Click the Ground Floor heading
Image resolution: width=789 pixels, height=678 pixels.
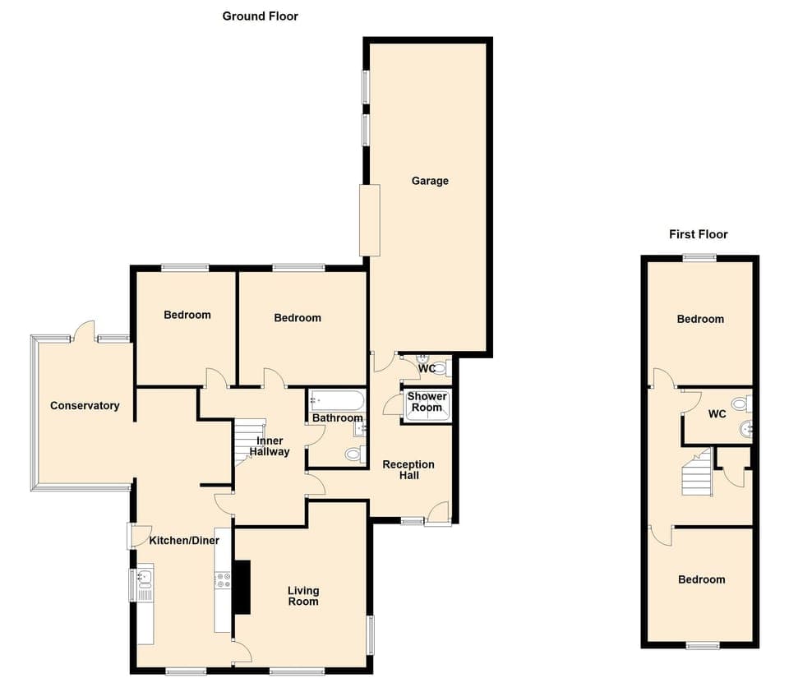pos(260,16)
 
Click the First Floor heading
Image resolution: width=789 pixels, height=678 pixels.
pos(698,234)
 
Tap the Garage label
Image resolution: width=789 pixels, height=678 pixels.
pos(430,181)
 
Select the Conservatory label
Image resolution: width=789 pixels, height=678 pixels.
pos(85,405)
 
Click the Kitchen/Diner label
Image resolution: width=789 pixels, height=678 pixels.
pos(184,540)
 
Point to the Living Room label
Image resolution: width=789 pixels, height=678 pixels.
pos(303,596)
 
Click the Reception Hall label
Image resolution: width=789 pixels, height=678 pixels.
pos(408,470)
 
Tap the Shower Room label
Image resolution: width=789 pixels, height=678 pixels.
pos(427,402)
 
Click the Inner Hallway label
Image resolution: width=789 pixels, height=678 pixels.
pos(270,446)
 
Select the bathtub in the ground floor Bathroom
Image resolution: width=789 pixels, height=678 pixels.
pos(337,401)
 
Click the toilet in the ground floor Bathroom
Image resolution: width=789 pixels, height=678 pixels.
pos(354,453)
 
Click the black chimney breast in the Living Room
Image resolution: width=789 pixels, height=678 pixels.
pos(242,587)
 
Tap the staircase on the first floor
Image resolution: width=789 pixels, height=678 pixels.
pos(696,474)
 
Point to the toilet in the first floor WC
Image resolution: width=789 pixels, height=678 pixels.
pos(739,404)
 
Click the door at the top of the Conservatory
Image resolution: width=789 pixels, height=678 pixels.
pos(83,333)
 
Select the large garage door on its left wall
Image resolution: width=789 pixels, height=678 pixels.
pos(370,219)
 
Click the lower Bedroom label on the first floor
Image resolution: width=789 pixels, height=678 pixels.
pos(701,579)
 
